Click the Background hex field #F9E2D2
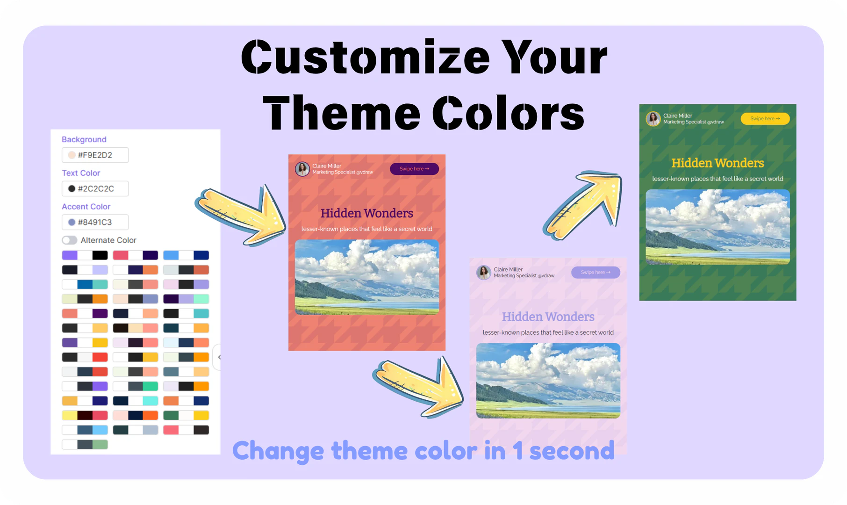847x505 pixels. (95, 155)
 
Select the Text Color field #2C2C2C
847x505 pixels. (95, 189)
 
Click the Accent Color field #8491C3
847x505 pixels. (95, 223)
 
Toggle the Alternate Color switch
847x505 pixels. (70, 240)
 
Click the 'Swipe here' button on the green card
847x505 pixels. (765, 119)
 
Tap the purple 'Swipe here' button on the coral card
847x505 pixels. (414, 169)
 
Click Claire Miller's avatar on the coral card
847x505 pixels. (302, 169)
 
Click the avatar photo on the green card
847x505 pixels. (653, 119)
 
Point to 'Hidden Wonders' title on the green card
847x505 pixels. (718, 163)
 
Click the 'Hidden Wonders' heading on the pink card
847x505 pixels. (548, 317)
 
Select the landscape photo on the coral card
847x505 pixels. (367, 277)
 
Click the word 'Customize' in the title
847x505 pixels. (365, 58)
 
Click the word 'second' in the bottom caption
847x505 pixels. (571, 451)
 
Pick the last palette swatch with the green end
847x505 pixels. (85, 445)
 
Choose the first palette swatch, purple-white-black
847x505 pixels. (85, 255)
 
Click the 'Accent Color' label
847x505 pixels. (86, 207)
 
